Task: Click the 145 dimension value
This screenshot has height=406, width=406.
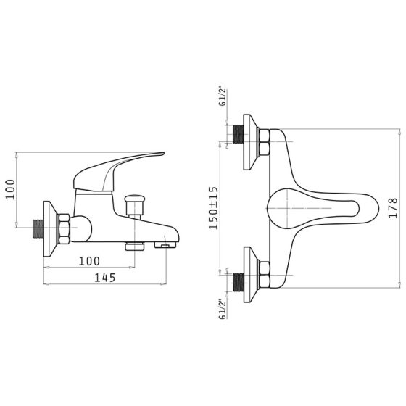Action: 104,278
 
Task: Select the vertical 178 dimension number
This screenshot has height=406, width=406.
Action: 393,208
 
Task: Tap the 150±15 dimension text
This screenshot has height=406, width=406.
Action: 214,208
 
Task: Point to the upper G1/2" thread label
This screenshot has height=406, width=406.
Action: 223,97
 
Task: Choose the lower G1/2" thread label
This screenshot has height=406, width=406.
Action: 223,310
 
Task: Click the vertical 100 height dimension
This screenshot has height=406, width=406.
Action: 11,189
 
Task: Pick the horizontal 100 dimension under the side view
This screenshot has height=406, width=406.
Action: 89,261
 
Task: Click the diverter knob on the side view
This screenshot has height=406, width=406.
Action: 135,204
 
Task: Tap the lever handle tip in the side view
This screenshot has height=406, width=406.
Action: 162,154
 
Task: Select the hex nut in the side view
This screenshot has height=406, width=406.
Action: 64,228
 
